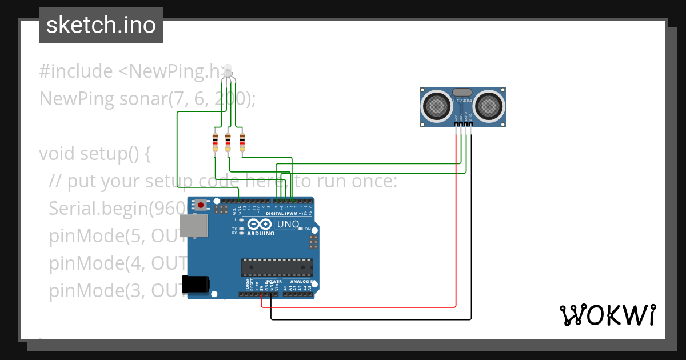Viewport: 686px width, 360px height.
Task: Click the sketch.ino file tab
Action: [101, 25]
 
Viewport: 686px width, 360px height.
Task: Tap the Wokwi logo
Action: [607, 315]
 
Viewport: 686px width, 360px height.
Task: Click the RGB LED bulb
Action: [228, 71]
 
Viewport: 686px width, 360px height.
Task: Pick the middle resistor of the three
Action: [228, 141]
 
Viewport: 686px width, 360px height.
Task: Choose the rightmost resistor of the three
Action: [242, 141]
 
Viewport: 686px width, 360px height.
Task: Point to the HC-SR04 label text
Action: [462, 101]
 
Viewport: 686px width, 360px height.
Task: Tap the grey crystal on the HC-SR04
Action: [462, 92]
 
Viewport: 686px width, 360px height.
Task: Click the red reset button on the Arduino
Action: [201, 204]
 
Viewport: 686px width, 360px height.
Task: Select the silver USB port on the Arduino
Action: [194, 226]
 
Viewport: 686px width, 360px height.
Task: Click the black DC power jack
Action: [195, 284]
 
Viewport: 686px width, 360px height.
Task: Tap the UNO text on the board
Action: [288, 224]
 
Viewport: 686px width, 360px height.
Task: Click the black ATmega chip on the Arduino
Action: [277, 267]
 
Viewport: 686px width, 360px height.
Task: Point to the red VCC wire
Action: [456, 229]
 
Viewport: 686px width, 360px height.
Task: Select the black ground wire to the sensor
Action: [471, 240]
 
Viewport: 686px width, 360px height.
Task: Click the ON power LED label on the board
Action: [308, 229]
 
